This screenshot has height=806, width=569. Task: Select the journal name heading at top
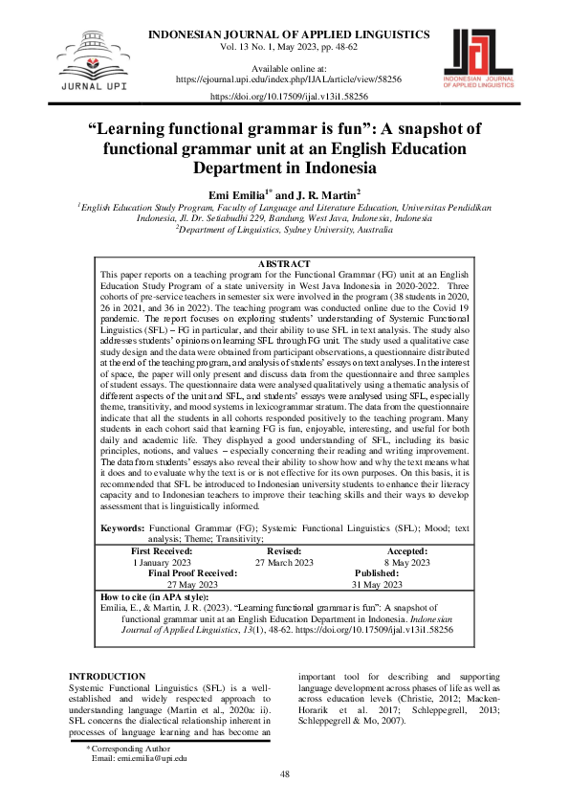click(288, 34)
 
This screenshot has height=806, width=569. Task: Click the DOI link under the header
click(287, 97)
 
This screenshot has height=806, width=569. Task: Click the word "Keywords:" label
click(122, 528)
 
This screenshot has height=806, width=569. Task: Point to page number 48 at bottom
click(284, 773)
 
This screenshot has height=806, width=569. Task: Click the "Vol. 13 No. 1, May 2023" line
click(288, 46)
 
